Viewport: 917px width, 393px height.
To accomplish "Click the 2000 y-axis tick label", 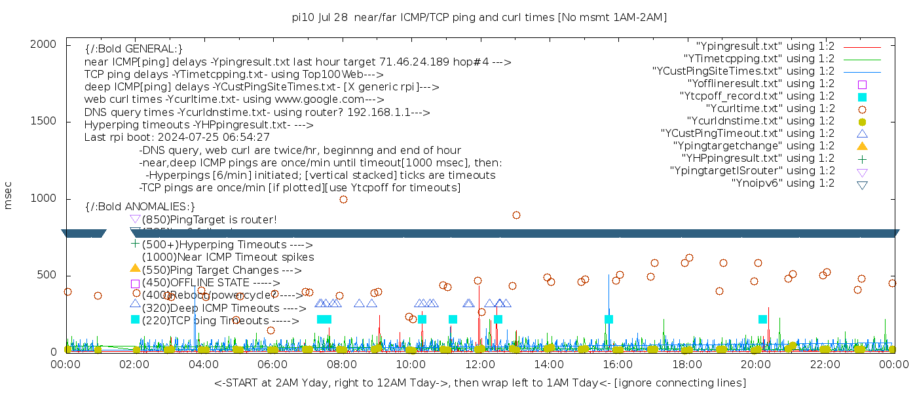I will [x=48, y=44].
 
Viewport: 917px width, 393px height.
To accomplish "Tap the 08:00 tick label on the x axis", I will [x=341, y=364].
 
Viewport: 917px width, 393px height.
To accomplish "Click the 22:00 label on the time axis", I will [x=824, y=364].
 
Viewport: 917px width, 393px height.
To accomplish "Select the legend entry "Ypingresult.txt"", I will [x=765, y=47].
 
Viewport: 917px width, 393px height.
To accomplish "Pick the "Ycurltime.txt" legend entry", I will [x=770, y=109].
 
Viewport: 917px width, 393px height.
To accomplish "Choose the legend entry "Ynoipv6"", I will [x=783, y=183].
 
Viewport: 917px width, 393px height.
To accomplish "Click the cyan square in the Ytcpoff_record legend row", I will [x=862, y=97].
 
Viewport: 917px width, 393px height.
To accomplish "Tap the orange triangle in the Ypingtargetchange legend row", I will [x=862, y=146].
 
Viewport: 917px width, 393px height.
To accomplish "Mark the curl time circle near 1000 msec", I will [x=343, y=200].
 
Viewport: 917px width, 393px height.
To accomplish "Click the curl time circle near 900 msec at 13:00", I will [x=516, y=215].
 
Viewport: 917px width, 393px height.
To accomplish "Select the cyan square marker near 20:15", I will [x=762, y=320].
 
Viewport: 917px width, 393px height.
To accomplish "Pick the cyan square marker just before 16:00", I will [x=608, y=320].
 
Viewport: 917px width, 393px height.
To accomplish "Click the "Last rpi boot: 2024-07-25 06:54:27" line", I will [x=177, y=138].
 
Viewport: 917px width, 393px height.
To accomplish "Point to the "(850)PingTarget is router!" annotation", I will [x=210, y=219].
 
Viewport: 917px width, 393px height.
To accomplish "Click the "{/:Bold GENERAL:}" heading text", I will [x=134, y=49].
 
